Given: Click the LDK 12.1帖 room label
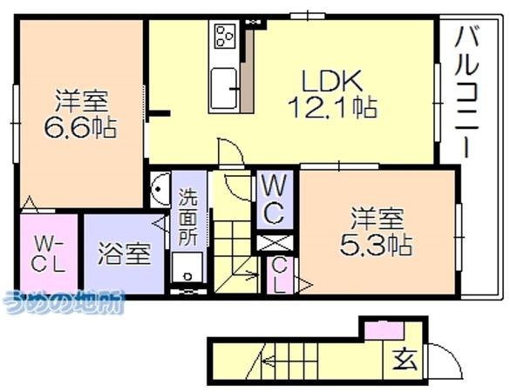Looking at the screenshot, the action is pos(332,94).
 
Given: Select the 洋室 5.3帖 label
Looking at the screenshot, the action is pos(377,231).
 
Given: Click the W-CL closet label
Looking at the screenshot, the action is pos(49,253).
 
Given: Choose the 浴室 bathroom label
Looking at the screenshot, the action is pos(125,253).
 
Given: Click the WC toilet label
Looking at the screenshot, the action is pos(275,199).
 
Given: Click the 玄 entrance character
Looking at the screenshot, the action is pos(405,358).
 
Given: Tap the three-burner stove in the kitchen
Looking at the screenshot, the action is pos(225,36).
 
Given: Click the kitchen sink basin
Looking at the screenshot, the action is pos(223,88).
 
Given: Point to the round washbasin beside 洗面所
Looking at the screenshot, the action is pos(160,189).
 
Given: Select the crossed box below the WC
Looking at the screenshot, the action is pos(275,243).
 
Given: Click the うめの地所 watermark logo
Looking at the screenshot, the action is pos(64,302).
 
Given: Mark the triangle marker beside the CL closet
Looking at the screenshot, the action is pos(304,284).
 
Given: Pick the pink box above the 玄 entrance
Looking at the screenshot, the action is pos(384,331).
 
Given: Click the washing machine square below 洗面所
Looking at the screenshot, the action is pos(187,267).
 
